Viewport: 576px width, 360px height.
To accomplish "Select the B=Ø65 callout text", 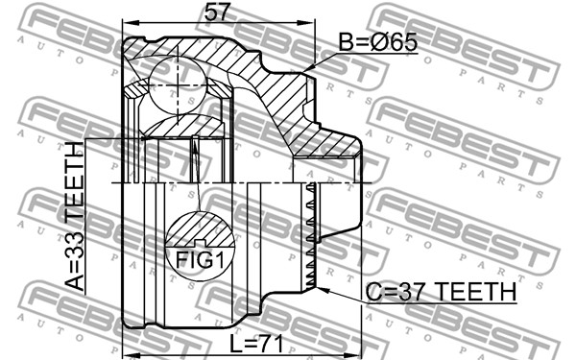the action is pos(377,42).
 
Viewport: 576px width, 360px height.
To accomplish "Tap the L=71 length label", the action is pos(256,345).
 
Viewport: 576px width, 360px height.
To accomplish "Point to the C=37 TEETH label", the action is pos(441,291).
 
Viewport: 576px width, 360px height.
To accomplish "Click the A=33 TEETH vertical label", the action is pos(75,216).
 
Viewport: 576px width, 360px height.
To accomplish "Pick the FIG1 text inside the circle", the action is pos(200,260).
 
